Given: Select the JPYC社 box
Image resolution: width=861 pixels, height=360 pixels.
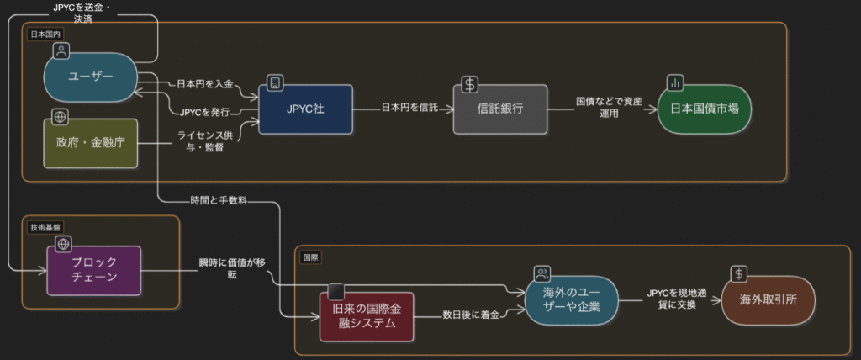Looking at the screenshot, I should click(305, 109).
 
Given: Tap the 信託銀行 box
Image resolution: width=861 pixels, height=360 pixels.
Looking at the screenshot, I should click(500, 109).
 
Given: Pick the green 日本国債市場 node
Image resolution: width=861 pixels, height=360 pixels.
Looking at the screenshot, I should click(704, 109).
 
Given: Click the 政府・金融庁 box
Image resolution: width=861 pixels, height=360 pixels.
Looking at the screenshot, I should click(90, 143).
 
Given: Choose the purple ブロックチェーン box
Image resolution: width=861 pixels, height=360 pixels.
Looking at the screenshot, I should click(93, 270).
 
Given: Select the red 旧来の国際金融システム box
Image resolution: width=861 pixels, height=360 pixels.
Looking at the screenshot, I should click(367, 316).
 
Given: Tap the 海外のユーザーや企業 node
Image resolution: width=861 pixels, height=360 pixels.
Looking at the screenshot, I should click(572, 299).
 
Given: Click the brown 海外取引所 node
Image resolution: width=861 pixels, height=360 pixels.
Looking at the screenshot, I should click(769, 299).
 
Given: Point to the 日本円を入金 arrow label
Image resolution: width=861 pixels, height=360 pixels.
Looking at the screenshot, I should click(205, 85).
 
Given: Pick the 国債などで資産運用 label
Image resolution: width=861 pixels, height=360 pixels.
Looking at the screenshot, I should click(609, 108).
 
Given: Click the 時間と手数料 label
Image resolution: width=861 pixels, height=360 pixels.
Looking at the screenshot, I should click(214, 201).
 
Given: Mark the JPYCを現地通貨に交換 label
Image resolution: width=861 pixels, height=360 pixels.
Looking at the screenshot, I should click(671, 299).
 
